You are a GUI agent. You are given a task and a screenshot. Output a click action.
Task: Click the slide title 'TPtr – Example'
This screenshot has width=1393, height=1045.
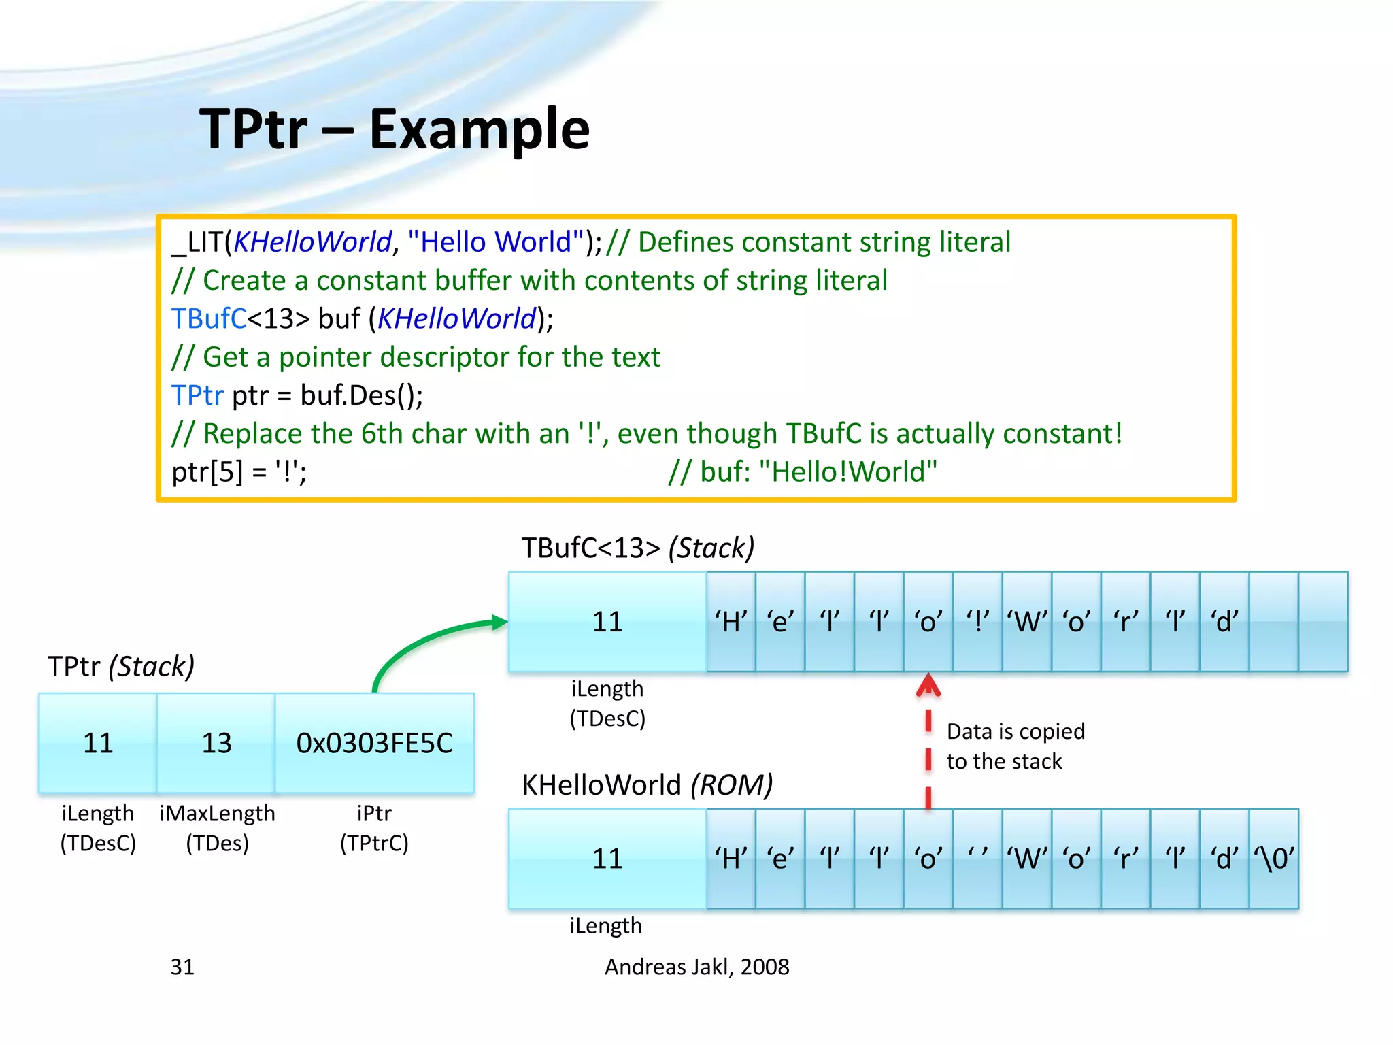click(x=395, y=129)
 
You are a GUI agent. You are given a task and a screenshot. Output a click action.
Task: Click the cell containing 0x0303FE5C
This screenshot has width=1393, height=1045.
click(x=374, y=743)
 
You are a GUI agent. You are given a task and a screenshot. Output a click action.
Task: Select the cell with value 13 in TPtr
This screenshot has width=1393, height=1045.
click(x=216, y=743)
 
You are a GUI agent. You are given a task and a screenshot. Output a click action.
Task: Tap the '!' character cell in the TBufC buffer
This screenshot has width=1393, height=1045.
click(x=977, y=622)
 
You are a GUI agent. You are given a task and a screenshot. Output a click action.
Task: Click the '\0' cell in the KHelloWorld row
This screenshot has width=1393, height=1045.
click(x=1274, y=859)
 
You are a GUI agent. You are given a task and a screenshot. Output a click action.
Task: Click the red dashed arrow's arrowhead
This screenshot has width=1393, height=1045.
click(x=928, y=685)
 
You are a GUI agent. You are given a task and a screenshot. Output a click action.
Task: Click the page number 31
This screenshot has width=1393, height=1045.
click(x=182, y=967)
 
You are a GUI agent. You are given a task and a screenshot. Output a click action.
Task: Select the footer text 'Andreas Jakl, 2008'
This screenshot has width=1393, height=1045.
click(x=696, y=967)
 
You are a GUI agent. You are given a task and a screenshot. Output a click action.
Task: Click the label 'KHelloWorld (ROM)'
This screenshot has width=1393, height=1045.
click(x=647, y=785)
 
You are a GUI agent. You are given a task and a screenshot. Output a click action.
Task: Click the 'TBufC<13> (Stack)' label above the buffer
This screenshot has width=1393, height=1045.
click(x=637, y=548)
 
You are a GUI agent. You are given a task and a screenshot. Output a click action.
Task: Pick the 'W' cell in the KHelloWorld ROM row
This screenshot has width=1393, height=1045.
click(x=1027, y=859)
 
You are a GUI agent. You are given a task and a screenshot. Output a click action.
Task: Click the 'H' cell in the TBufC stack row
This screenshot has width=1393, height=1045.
click(x=731, y=622)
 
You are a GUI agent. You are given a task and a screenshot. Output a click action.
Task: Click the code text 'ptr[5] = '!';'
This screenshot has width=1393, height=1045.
click(x=239, y=471)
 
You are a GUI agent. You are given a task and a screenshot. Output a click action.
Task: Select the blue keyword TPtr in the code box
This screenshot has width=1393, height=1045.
click(x=197, y=395)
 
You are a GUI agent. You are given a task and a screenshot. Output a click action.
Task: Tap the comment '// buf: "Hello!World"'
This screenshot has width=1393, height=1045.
click(x=803, y=471)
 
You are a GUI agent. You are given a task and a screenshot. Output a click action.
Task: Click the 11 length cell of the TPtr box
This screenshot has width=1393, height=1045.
click(x=98, y=743)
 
